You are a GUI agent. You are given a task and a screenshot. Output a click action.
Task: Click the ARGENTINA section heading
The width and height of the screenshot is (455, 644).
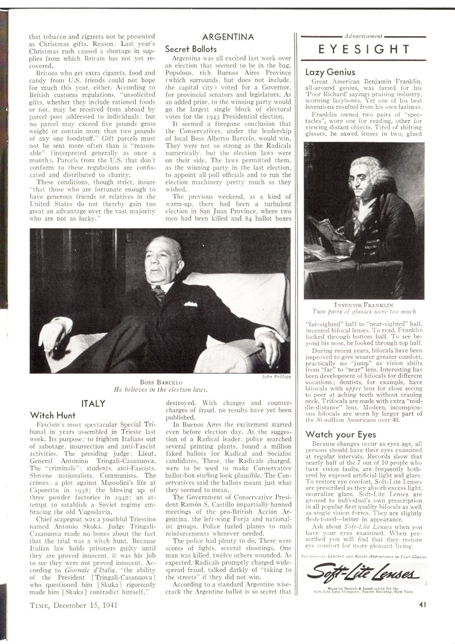228,37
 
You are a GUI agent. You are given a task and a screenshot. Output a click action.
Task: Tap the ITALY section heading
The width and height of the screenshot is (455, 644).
94,403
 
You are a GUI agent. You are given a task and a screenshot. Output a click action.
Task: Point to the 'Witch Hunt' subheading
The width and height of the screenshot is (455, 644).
53,415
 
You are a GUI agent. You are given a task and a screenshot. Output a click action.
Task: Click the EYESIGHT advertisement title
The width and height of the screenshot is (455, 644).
364,50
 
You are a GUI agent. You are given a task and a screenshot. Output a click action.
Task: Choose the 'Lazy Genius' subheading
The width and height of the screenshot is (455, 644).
330,72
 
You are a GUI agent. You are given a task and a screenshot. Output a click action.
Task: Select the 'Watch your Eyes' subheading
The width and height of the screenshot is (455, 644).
340,434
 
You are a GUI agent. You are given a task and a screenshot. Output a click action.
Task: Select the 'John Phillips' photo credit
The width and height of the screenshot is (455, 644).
276,376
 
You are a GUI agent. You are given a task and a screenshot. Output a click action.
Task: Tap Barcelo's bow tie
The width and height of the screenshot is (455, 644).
158,293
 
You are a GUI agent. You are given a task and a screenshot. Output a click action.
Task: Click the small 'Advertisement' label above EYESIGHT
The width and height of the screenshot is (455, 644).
364,37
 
